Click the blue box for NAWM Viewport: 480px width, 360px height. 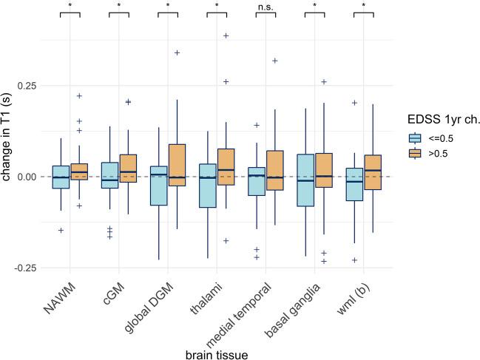pyautogui.click(x=61, y=177)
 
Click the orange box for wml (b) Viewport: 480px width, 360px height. pyautogui.click(x=373, y=172)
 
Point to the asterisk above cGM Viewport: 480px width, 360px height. pyautogui.click(x=118, y=7)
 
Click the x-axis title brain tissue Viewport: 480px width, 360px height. pyautogui.click(x=216, y=355)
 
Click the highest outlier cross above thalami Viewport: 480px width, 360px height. pyautogui.click(x=226, y=35)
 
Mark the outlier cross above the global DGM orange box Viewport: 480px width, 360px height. pyautogui.click(x=178, y=52)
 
